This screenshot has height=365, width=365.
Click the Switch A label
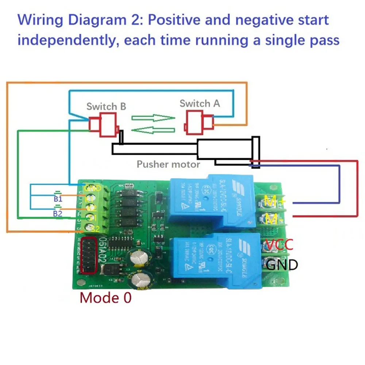(x=200, y=103)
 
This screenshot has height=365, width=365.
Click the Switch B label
(x=106, y=107)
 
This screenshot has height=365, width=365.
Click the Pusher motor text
(x=168, y=164)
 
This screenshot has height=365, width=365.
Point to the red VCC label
(x=279, y=245)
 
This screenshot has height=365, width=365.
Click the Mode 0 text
(x=105, y=298)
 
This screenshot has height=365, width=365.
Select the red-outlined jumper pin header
(x=88, y=255)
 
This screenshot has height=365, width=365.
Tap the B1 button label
(x=58, y=199)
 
